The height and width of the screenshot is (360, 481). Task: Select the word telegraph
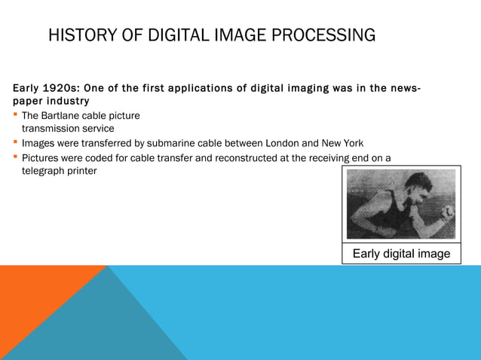coord(45,171)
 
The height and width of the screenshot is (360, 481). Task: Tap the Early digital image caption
coord(401,254)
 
